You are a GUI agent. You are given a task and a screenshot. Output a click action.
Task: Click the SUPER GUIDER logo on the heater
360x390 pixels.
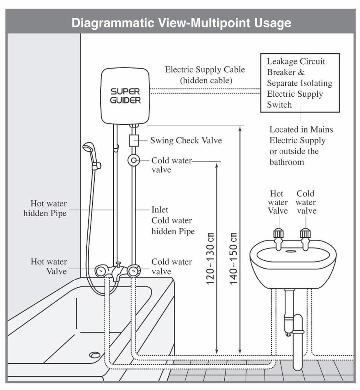126,96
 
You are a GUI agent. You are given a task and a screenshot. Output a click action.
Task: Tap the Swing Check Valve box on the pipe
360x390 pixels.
134,141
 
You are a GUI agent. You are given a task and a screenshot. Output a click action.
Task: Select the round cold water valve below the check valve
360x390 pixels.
134,160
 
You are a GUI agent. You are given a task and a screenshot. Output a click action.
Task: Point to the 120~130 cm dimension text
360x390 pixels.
210,259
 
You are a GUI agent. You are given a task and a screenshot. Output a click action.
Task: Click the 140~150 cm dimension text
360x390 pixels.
233,259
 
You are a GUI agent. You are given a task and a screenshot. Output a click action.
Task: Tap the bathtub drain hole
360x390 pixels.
95,355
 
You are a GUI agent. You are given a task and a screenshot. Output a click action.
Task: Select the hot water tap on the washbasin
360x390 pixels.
278,239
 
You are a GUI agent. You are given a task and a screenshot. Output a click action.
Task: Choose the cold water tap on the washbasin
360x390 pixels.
305,239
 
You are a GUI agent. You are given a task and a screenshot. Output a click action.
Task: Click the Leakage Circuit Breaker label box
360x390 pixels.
300,83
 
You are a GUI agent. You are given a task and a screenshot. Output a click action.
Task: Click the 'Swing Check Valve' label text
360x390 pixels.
186,140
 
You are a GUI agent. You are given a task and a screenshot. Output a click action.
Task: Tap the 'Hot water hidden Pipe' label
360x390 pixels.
45,208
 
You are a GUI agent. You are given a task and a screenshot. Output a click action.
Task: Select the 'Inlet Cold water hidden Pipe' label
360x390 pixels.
173,220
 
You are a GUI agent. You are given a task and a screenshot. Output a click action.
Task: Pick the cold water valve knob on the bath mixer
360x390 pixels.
134,271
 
